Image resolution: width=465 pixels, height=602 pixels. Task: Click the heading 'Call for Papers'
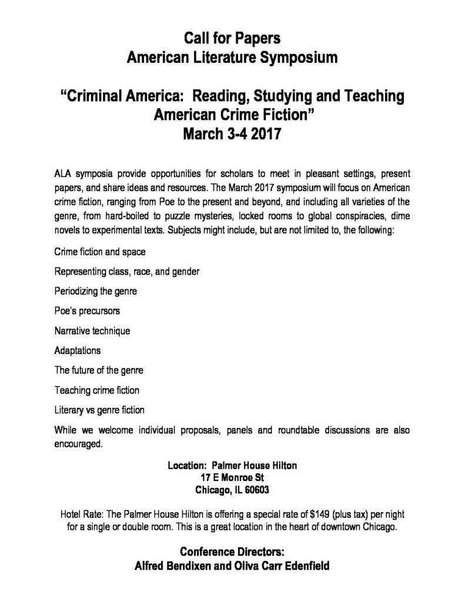tap(232, 39)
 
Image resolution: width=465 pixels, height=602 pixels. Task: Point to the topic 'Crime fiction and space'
tap(99, 252)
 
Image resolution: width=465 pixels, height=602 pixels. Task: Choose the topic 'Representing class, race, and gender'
tap(126, 272)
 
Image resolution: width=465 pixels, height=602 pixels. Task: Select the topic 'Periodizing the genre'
tap(96, 291)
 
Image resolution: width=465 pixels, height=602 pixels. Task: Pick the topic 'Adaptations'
tap(78, 350)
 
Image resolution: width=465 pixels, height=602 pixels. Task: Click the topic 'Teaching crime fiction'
tap(96, 390)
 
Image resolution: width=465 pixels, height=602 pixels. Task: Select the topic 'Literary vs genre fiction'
tap(99, 409)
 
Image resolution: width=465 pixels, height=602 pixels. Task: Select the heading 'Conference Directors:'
tap(232, 552)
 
